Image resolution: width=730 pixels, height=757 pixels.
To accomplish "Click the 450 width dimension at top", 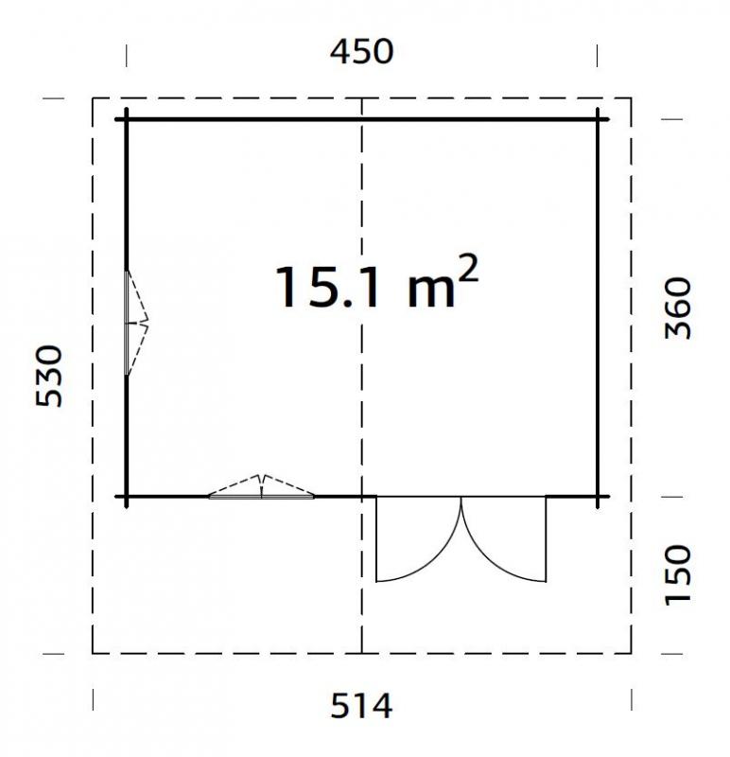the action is [361, 52].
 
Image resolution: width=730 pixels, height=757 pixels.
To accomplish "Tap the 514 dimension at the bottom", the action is [361, 705].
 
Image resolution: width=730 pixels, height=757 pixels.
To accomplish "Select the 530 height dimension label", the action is [49, 376].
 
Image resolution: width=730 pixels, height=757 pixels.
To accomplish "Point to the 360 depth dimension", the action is [678, 308].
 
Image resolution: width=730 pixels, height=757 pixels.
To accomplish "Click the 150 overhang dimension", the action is [678, 574].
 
